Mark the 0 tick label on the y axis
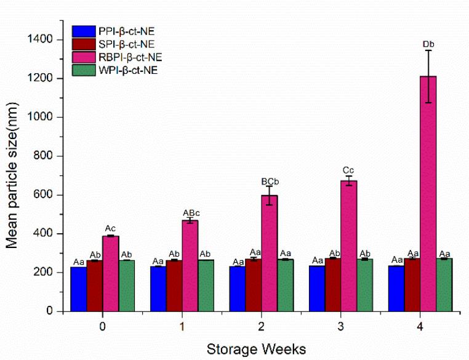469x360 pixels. click(x=50, y=311)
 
